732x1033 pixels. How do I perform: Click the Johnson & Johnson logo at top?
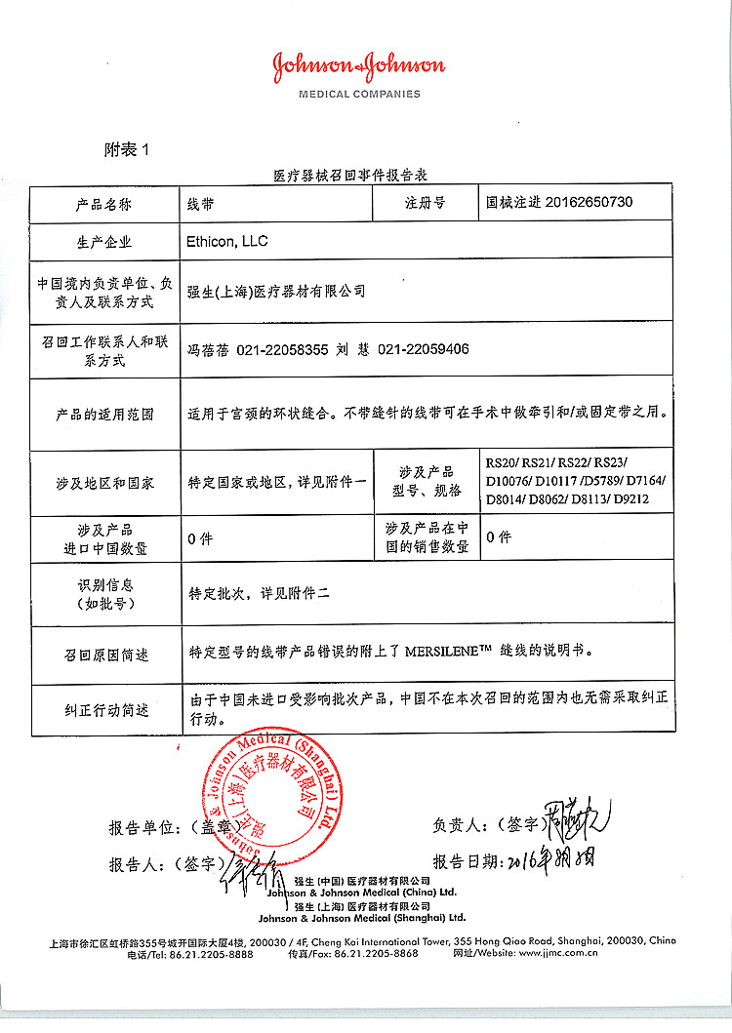click(358, 66)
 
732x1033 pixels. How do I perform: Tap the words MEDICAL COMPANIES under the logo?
click(359, 95)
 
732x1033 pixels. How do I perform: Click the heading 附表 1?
click(129, 149)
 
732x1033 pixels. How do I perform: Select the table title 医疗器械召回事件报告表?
click(352, 176)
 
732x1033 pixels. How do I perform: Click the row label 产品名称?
click(104, 204)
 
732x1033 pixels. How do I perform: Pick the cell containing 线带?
click(201, 204)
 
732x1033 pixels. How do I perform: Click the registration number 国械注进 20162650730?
click(559, 203)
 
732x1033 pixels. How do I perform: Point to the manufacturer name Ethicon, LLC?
click(226, 240)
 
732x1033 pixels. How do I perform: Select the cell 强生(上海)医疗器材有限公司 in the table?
click(276, 291)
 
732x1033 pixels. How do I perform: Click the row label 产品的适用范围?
click(104, 414)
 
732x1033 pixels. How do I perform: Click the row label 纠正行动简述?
click(106, 709)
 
